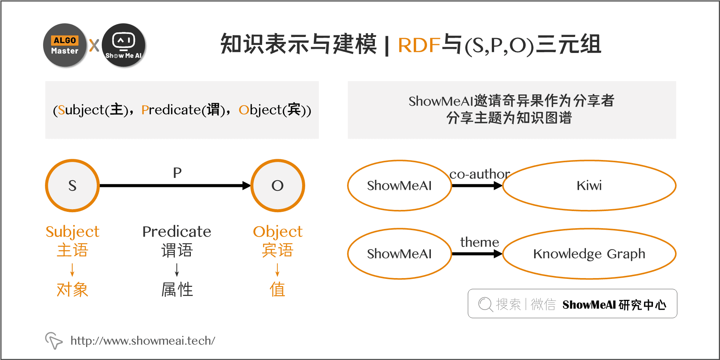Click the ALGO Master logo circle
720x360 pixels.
65,45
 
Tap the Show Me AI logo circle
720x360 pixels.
124,45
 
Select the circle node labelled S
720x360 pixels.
72,186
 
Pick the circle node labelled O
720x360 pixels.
278,186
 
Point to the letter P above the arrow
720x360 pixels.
177,173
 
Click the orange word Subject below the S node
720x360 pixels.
72,232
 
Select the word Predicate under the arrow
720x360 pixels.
177,232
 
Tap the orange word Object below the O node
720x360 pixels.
278,232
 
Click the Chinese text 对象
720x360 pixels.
72,290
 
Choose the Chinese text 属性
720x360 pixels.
177,290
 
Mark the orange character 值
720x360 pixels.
277,290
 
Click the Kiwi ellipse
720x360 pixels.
589,186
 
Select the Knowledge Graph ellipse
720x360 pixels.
589,254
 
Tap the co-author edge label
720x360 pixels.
480,174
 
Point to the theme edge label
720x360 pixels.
480,242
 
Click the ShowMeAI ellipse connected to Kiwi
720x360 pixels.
399,186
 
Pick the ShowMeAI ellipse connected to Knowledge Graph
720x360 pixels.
399,254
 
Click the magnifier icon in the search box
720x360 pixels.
485,304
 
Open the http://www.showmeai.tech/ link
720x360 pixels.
143,341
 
